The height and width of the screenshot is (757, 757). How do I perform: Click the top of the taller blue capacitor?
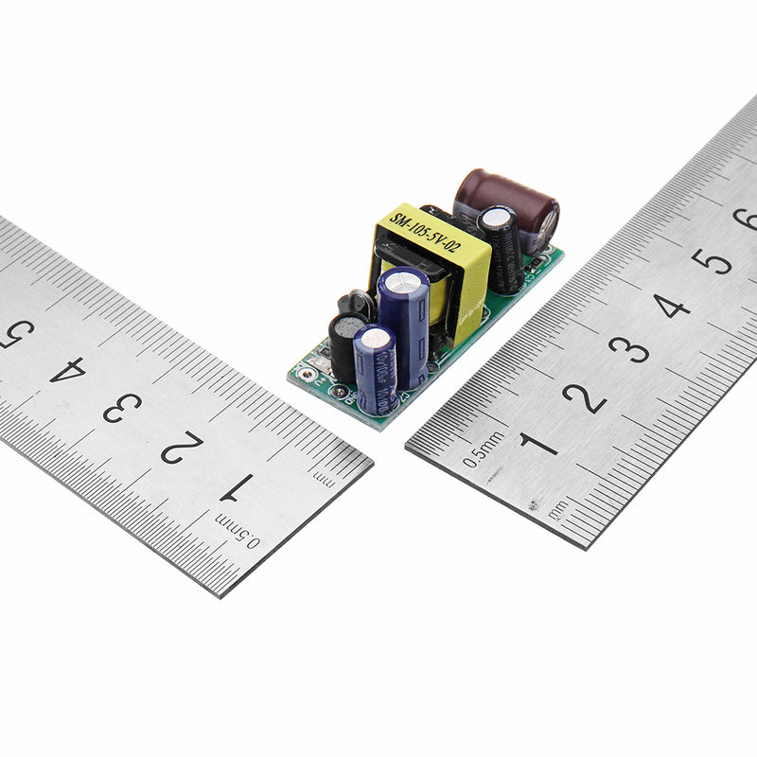coord(404,283)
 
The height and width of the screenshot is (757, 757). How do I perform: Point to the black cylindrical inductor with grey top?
coord(345,345)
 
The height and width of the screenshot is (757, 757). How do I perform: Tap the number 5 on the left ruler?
coord(16,333)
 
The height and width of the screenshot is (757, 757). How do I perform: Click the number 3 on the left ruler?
coord(122,408)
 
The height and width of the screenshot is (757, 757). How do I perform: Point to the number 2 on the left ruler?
coord(181,447)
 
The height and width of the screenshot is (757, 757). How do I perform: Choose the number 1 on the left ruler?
coord(237,486)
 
